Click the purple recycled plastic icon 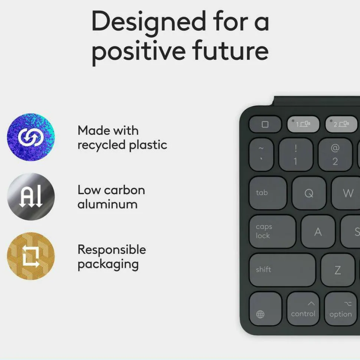[31, 137]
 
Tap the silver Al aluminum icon [31, 197]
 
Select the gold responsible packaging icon [31, 256]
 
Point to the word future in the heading [230, 50]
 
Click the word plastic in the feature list [148, 145]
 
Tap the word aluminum [108, 204]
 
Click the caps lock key [272, 232]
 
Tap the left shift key [282, 270]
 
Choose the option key [341, 308]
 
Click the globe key [266, 308]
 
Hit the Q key [309, 193]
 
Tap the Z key [338, 270]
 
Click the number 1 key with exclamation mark [296, 154]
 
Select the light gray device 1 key [303, 124]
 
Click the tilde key [261, 154]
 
